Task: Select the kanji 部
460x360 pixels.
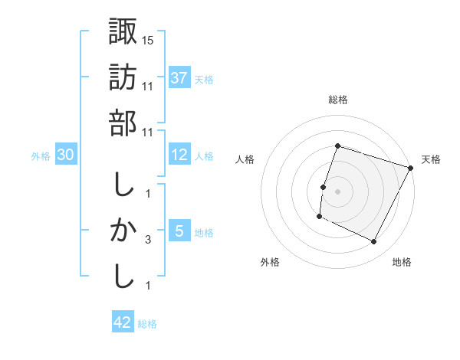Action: pos(123,123)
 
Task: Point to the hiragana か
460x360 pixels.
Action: pos(123,230)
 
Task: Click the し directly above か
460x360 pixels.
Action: pos(123,185)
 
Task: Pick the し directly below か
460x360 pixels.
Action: pos(123,276)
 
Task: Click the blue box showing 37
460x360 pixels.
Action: pos(179,77)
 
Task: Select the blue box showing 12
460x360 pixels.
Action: pos(179,154)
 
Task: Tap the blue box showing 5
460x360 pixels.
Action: pos(179,231)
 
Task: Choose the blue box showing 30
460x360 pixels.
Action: pos(66,155)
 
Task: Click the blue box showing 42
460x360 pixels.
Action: pos(123,322)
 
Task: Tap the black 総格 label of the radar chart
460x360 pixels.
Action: pos(337,100)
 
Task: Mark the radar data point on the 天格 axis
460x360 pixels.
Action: pos(412,169)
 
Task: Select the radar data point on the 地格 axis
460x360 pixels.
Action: pos(374,242)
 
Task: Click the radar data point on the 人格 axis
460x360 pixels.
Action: pos(323,187)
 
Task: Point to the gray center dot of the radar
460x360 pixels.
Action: pos(337,191)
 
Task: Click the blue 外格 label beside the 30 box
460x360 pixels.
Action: pos(41,155)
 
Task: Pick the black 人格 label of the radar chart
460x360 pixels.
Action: pos(245,159)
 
